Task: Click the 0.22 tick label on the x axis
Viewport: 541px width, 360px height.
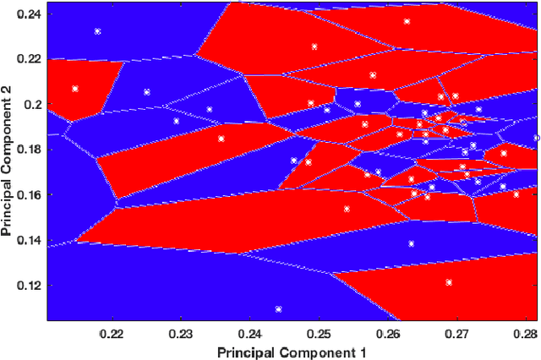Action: (x=112, y=334)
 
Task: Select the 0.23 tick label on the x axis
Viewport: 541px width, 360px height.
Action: (x=181, y=334)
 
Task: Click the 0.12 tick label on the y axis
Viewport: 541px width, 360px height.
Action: (x=30, y=285)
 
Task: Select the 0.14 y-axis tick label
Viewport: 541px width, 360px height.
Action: (x=30, y=240)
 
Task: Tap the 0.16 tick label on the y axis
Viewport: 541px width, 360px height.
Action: (x=30, y=194)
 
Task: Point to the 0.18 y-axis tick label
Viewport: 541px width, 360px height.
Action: (x=30, y=150)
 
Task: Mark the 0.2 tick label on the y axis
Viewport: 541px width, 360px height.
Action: (x=35, y=105)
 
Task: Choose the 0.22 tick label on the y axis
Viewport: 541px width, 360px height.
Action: (x=30, y=59)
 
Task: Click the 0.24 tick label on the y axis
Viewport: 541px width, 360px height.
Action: (x=30, y=14)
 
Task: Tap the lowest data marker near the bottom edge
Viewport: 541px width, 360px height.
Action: (x=278, y=309)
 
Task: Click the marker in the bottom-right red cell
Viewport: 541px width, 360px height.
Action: (x=449, y=282)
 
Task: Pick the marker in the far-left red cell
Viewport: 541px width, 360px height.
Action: (x=75, y=89)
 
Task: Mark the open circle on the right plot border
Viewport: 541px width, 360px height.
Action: (x=537, y=138)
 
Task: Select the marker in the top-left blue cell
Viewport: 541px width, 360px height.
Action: (x=97, y=31)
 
